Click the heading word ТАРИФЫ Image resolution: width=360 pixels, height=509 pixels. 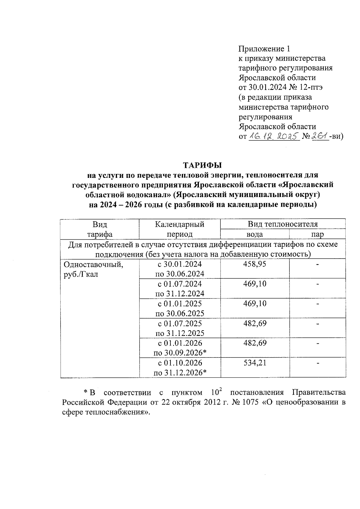point(203,165)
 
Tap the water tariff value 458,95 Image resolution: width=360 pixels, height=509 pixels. point(255,264)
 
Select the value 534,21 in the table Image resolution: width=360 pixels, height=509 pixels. point(255,363)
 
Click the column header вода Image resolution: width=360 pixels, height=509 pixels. point(255,234)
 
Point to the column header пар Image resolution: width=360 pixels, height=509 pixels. point(318,234)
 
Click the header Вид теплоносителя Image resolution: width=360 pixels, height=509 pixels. point(283,224)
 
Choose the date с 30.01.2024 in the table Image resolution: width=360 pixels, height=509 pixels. point(180,264)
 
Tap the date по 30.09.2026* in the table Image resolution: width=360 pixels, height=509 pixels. point(180,353)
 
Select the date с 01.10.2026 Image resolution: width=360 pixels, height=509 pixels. point(180,363)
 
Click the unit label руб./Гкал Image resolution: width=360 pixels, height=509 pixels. point(81,274)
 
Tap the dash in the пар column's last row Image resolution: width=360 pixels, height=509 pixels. point(318,363)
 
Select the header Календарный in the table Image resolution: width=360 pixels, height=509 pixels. point(180,224)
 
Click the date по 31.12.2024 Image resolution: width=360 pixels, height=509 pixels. point(180,294)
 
